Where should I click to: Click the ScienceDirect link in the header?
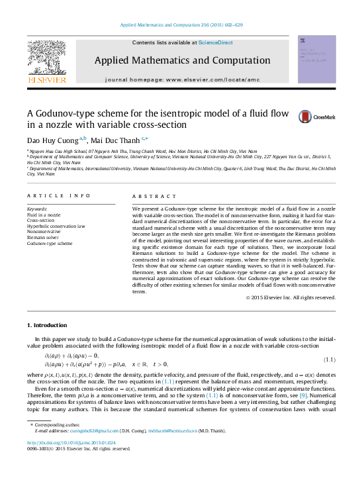pos(216,42)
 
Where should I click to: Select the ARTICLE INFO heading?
pos(58,196)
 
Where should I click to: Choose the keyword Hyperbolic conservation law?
pos(56,226)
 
